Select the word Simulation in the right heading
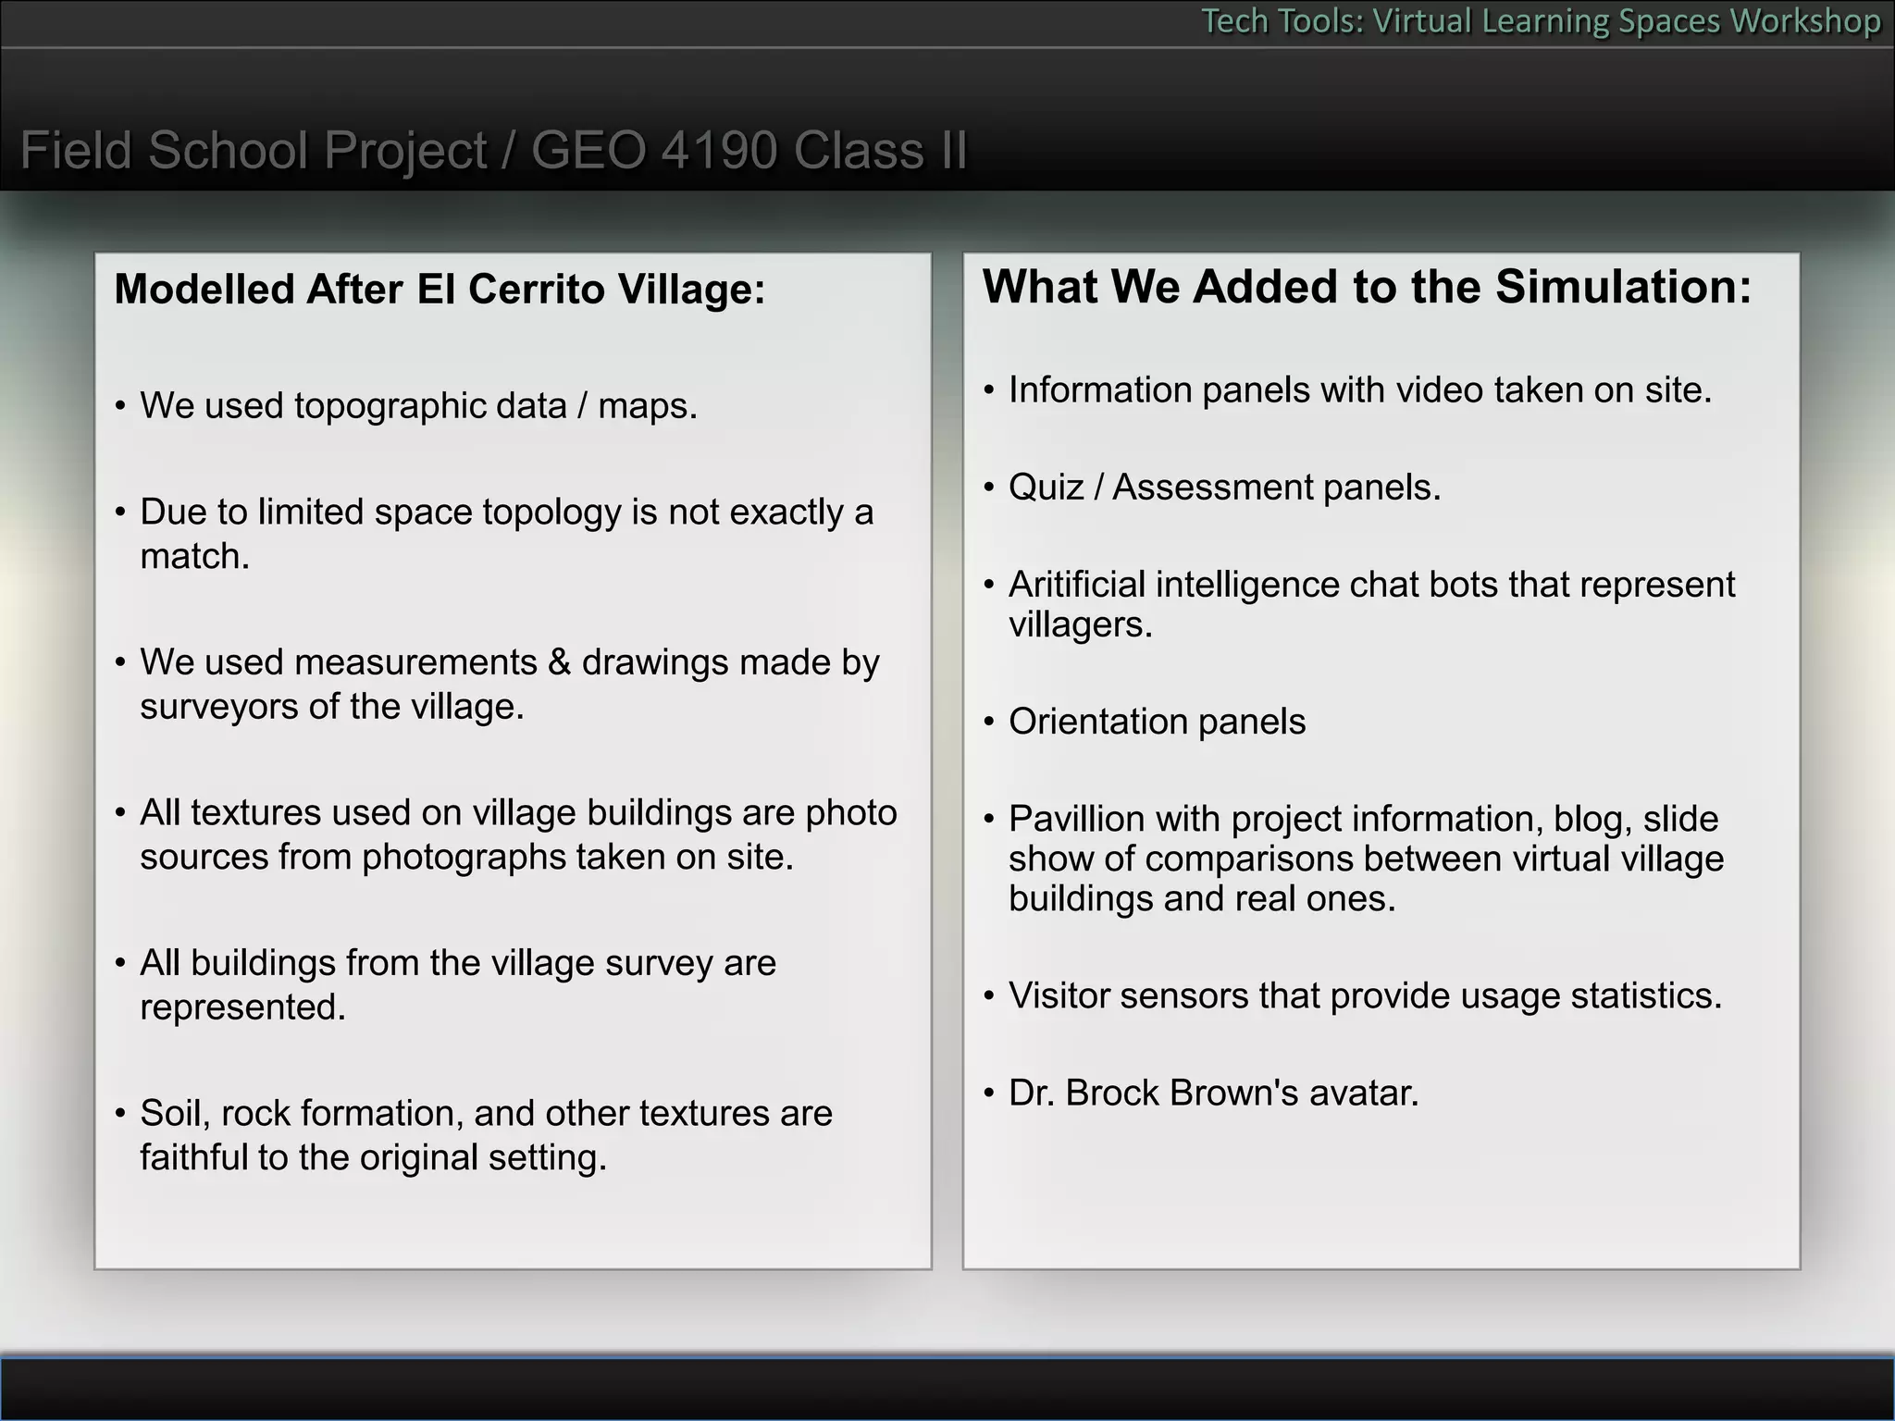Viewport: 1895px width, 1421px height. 1622,287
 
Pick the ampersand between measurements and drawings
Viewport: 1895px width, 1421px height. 559,663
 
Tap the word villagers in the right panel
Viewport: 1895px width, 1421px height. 1080,625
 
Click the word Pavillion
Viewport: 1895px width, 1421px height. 1076,820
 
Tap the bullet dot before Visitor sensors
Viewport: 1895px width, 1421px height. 988,996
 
